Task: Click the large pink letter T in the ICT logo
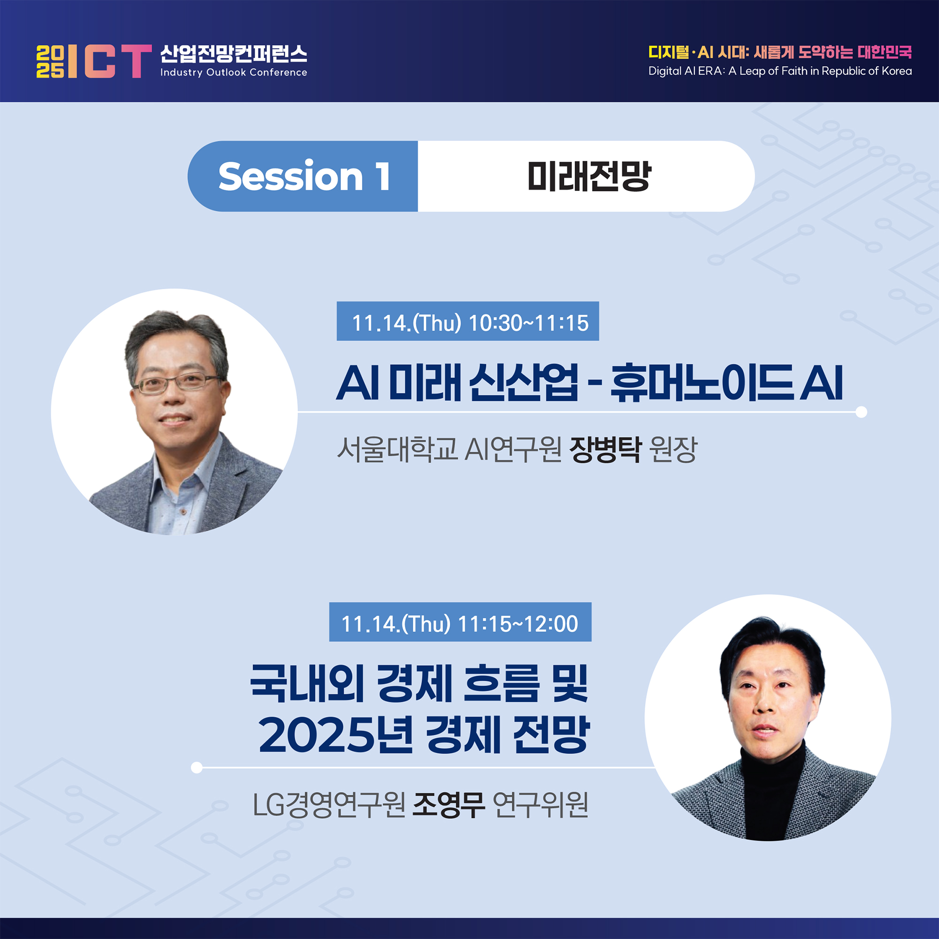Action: pyautogui.click(x=137, y=61)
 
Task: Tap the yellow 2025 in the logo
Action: pyautogui.click(x=50, y=61)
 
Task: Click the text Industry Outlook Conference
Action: pyautogui.click(x=234, y=72)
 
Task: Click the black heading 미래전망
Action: pyautogui.click(x=589, y=176)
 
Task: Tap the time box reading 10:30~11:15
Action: pyautogui.click(x=468, y=321)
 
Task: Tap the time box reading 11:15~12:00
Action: pyautogui.click(x=460, y=622)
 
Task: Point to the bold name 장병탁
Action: pyautogui.click(x=606, y=449)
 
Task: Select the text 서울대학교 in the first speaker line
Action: pyautogui.click(x=397, y=449)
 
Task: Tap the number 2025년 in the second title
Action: pyautogui.click(x=335, y=734)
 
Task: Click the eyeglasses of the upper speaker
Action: pyautogui.click(x=177, y=383)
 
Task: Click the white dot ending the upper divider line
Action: pyautogui.click(x=861, y=412)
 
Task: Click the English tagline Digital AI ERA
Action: pyautogui.click(x=780, y=71)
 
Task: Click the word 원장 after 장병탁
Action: pyautogui.click(x=673, y=449)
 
